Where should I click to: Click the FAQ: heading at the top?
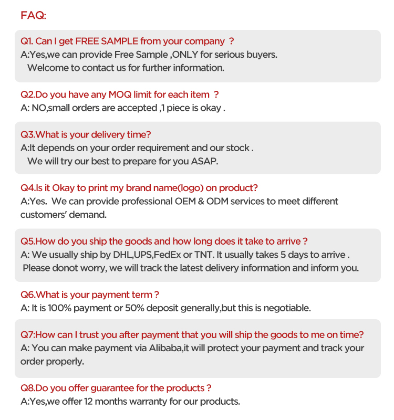[x=34, y=15]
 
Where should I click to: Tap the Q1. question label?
[x=27, y=41]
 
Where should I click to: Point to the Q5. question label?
[x=27, y=241]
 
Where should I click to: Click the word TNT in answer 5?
[x=202, y=255]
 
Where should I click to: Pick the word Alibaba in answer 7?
[x=163, y=348]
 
